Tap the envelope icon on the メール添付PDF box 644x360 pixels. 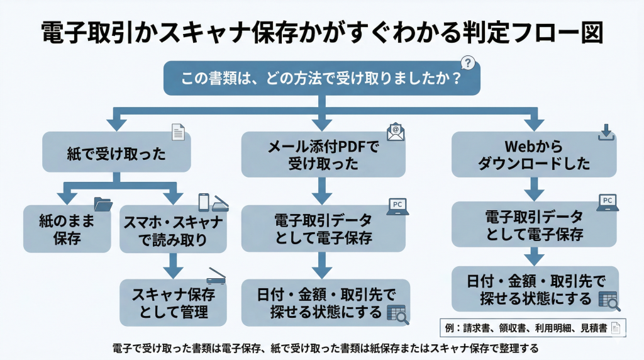(396, 132)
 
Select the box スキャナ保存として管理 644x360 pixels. (173, 303)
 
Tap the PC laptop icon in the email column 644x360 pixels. (397, 206)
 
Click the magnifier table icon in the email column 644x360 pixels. (397, 314)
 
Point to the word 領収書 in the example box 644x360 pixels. (511, 327)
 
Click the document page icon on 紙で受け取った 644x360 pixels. (179, 132)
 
